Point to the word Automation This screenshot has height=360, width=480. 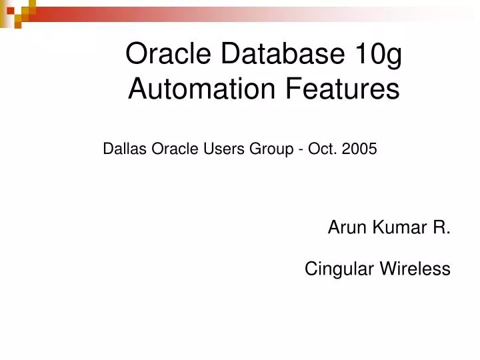[193, 89]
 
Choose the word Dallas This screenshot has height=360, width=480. [125, 149]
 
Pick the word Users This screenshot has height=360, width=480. [224, 149]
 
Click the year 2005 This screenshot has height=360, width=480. [359, 149]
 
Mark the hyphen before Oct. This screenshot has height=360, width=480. [303, 150]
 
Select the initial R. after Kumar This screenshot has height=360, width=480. [442, 228]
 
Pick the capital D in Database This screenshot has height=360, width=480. [231, 54]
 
